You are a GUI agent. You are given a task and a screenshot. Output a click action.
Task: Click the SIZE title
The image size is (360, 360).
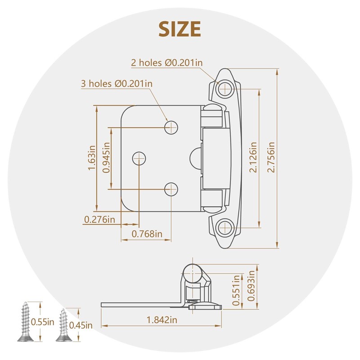tap(180, 29)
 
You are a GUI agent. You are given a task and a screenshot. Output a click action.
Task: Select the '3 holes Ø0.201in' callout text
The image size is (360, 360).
tap(117, 83)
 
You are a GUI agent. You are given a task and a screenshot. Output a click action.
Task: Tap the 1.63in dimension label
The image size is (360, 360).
tap(92, 157)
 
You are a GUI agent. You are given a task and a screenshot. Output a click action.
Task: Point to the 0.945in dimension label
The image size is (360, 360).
tap(106, 158)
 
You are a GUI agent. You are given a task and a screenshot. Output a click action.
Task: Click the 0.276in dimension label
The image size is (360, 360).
tap(99, 220)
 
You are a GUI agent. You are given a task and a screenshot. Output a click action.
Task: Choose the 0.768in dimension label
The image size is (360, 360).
tap(147, 234)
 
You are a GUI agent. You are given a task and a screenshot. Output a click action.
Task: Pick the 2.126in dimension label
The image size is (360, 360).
tap(253, 157)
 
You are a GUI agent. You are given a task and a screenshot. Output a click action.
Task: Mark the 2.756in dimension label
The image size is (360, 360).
tap(270, 157)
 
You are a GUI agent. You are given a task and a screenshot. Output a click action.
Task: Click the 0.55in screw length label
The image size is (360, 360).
tap(43, 322)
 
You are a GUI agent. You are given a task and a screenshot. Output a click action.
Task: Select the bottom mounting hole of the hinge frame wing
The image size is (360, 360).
tap(224, 227)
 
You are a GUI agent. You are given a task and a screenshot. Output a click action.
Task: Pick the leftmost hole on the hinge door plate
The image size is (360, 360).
tap(139, 158)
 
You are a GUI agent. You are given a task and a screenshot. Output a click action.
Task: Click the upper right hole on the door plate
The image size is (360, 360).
tap(171, 127)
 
